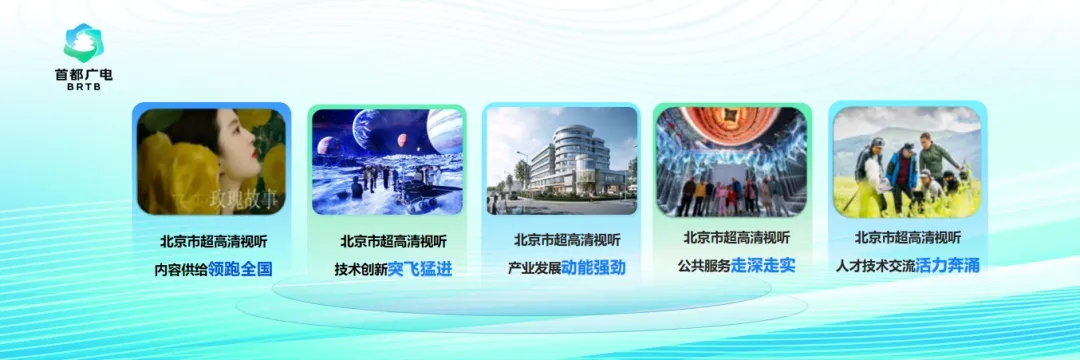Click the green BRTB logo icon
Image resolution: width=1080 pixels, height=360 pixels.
point(82,43)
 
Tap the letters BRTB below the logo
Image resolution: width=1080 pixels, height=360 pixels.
point(83,87)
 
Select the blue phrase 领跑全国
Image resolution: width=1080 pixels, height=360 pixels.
point(240,269)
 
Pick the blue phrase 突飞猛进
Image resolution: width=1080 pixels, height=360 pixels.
point(419,269)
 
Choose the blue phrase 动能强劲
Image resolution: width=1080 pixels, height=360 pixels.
point(593,267)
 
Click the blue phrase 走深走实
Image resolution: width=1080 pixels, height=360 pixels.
point(762,265)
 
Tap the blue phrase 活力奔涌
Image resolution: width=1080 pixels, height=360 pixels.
point(947,265)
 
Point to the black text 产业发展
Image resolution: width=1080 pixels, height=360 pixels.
point(534,268)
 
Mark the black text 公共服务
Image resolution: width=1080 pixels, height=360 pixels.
point(704,266)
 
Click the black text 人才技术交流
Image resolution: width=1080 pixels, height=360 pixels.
point(876,266)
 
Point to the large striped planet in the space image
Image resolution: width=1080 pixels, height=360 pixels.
point(445,131)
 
